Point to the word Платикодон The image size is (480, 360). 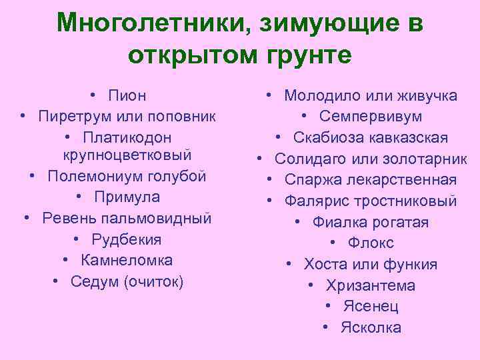127,137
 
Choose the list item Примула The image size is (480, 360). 127,197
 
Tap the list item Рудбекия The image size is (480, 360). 127,239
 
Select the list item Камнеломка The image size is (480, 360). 127,260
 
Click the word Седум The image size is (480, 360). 95,281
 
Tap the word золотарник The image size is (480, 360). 426,159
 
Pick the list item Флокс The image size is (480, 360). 371,243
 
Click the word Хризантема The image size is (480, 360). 371,285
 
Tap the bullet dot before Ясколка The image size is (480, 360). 326,327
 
